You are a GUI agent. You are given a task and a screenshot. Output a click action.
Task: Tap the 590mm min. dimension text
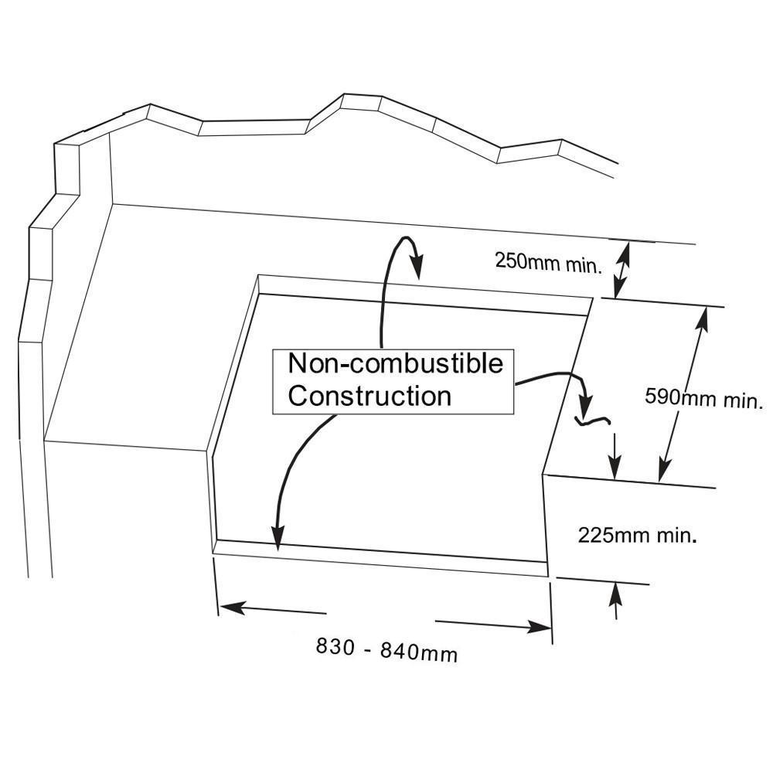(704, 398)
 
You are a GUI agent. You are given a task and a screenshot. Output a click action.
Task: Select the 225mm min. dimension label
(638, 535)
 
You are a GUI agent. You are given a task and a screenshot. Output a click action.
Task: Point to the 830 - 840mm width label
(386, 650)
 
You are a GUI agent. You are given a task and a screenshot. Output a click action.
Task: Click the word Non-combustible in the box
(395, 364)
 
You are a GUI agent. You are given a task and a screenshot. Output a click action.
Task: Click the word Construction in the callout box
(369, 396)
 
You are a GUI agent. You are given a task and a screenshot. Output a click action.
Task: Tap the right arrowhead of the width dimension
(539, 627)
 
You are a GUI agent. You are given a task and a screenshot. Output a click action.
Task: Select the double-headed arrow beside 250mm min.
(622, 270)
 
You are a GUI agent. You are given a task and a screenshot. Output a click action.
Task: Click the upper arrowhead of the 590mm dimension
(703, 321)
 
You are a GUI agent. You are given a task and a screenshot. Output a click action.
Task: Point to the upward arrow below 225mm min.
(616, 601)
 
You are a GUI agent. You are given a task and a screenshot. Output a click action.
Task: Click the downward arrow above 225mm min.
(615, 456)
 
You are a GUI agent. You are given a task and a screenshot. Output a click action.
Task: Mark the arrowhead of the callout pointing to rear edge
(417, 266)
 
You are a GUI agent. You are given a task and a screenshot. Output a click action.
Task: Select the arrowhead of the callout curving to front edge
(278, 537)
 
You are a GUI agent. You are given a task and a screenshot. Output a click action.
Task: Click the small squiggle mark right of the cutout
(593, 421)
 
